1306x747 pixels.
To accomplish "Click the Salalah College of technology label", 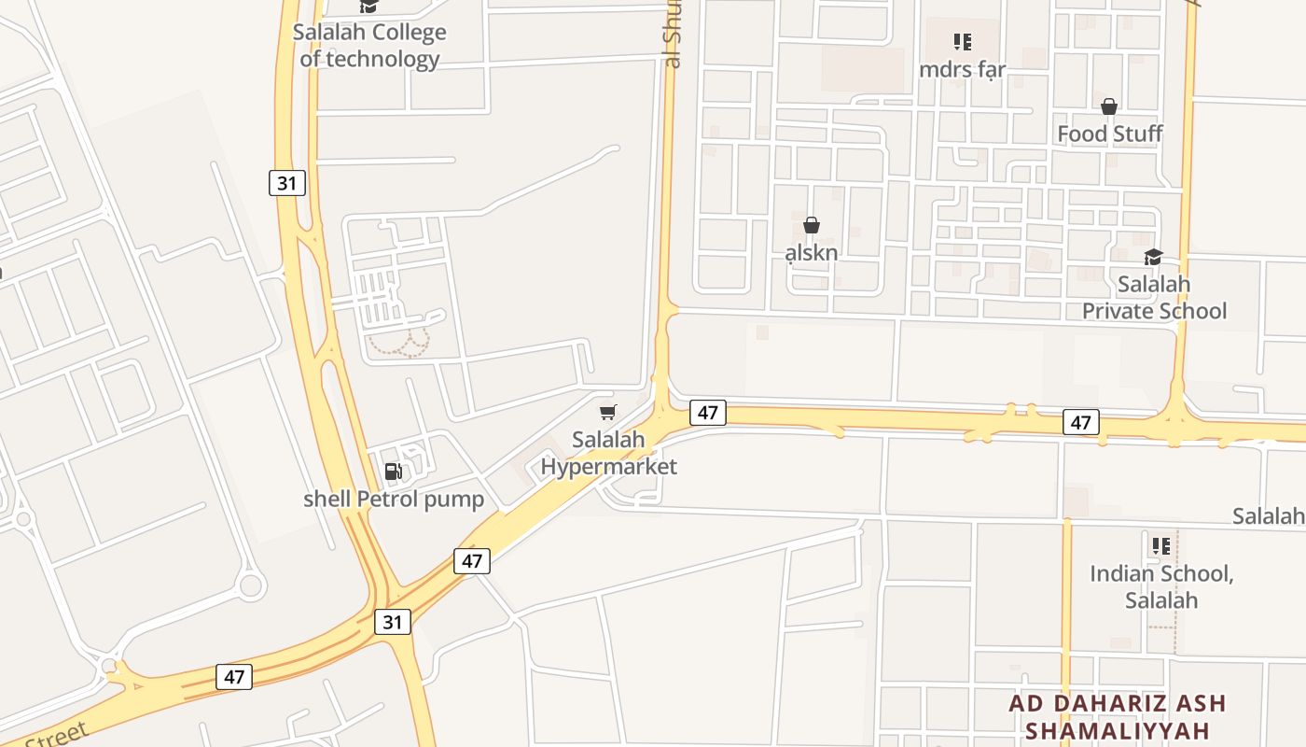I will click(x=369, y=46).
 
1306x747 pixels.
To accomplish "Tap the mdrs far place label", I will click(x=962, y=70).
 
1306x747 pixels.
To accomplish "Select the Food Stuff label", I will click(x=1109, y=134).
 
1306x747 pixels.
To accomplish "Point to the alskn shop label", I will click(x=811, y=252).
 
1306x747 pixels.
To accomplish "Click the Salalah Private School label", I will click(x=1154, y=297).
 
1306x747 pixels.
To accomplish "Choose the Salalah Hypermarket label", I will click(x=609, y=453).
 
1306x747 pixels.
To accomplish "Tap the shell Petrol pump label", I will click(x=394, y=499).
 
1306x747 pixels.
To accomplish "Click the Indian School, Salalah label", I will click(x=1161, y=586).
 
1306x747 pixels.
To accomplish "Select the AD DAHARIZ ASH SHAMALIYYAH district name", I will click(x=1117, y=716).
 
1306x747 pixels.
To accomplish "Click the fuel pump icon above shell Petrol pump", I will click(x=394, y=472).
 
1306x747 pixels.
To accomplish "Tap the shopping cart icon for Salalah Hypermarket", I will click(x=608, y=412).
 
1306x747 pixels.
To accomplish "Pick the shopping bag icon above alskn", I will click(x=811, y=225).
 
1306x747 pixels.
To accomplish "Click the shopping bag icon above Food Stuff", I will click(x=1109, y=106).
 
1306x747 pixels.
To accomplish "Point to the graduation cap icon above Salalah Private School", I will click(x=1154, y=257).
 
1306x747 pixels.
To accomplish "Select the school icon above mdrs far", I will click(x=963, y=42).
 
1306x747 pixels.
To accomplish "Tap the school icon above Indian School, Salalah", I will click(x=1161, y=545).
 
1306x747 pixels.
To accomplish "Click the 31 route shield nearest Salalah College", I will click(x=286, y=183).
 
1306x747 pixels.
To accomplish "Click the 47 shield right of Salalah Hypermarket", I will click(x=708, y=412).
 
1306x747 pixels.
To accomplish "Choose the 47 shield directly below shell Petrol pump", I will click(x=472, y=561).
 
